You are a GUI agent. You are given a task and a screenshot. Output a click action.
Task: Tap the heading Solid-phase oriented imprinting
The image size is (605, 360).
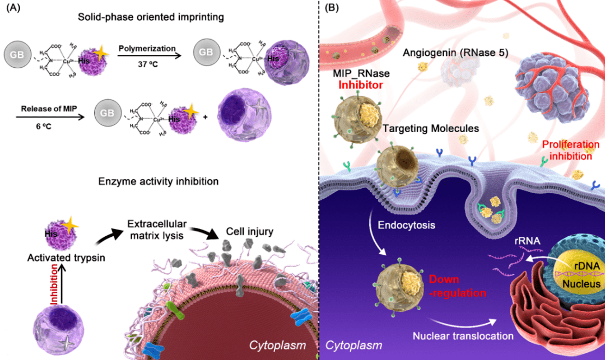click(151, 17)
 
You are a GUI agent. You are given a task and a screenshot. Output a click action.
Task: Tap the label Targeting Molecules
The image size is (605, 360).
click(431, 128)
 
